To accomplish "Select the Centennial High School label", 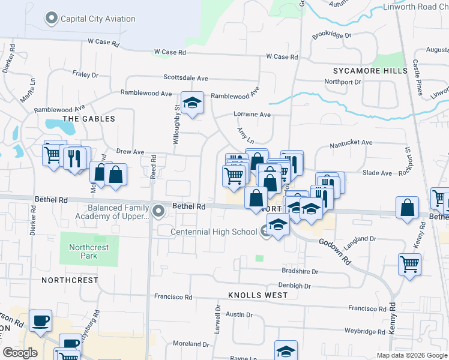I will (x=214, y=232).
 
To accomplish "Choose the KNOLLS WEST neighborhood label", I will (x=258, y=295).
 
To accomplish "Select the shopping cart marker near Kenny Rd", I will (x=409, y=263).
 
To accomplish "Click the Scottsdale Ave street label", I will (x=185, y=78).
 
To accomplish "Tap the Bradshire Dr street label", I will (x=300, y=271).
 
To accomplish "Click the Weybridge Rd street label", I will (x=364, y=331).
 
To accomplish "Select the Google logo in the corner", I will (x=20, y=352).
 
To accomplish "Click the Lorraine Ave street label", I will (x=252, y=114).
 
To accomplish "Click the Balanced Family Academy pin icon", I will (x=158, y=211).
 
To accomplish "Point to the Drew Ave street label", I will (x=130, y=152).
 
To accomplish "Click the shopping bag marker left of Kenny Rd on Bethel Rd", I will (x=408, y=208).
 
